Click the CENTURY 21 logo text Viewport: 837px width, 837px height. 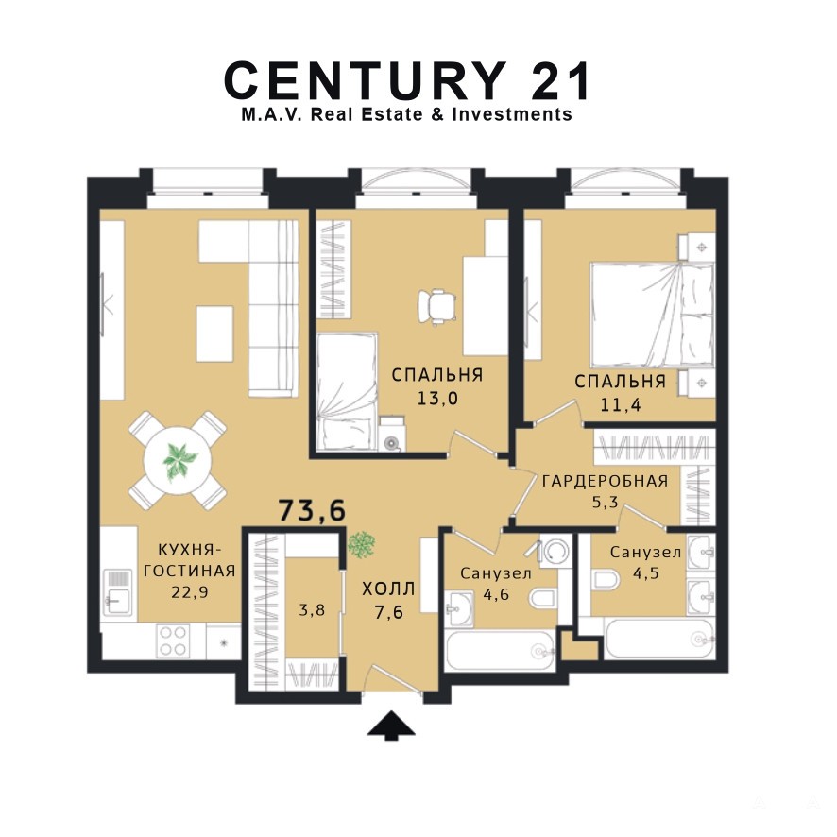point(408,80)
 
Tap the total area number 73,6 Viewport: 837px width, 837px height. point(313,510)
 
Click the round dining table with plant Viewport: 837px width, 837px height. point(179,460)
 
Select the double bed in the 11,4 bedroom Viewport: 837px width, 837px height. point(652,314)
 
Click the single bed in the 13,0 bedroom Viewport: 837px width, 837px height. point(347,392)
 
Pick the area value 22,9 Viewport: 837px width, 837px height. point(190,592)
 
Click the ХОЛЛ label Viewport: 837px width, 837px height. point(388,589)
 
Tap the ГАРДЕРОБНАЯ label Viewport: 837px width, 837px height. point(605,481)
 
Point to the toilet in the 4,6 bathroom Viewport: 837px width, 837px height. point(543,599)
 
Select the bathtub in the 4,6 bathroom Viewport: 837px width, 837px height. point(500,651)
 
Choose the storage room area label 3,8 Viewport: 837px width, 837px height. point(312,609)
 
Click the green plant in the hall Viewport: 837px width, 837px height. point(362,545)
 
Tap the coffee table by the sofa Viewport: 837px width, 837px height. point(214,333)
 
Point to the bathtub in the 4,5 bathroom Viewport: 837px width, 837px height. point(660,639)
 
